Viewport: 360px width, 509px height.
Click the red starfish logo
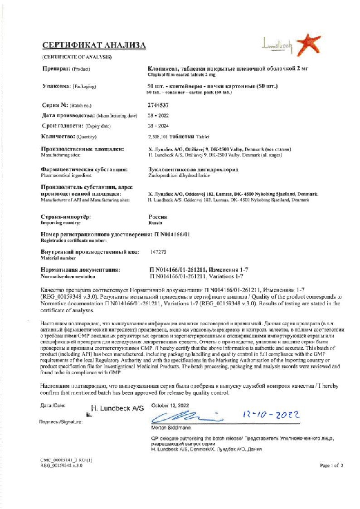[x=308, y=44]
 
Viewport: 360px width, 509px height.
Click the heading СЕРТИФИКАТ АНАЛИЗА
[x=94, y=45]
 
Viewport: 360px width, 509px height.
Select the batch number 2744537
[x=157, y=105]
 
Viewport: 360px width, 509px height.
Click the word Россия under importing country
[x=158, y=217]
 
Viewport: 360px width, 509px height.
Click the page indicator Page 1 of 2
[x=331, y=465]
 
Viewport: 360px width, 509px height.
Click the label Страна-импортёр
[x=66, y=217]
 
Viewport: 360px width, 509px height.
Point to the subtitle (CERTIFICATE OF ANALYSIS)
[x=76, y=57]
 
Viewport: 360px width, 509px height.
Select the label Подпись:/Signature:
[x=61, y=422]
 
